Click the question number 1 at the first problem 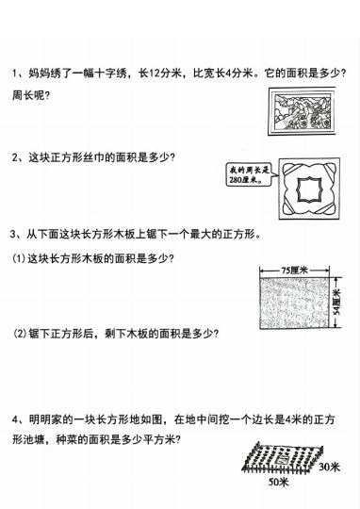tap(15, 74)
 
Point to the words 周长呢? tap(30, 96)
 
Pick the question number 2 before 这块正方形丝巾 tap(15, 157)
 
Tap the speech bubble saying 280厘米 tap(248, 174)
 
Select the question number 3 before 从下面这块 tap(15, 235)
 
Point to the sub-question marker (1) tap(19, 258)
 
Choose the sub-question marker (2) tap(19, 333)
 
